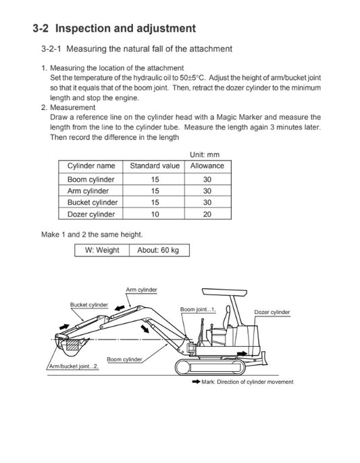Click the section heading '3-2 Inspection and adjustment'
tap(114, 28)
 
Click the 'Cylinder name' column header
tap(91, 166)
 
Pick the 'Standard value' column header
tap(154, 166)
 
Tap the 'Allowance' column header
tap(207, 166)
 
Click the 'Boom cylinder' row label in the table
tap(91, 180)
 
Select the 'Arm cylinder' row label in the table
tap(88, 191)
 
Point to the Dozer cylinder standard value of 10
tap(155, 215)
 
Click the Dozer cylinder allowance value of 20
tap(207, 215)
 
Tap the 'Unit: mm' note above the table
tap(205, 155)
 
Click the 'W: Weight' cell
tap(101, 250)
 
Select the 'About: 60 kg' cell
tap(158, 250)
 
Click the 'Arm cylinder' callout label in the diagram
tap(141, 290)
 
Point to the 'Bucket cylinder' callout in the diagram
tap(89, 305)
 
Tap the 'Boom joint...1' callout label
tap(197, 309)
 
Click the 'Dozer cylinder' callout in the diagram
tap(272, 312)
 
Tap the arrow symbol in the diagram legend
tap(196, 382)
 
